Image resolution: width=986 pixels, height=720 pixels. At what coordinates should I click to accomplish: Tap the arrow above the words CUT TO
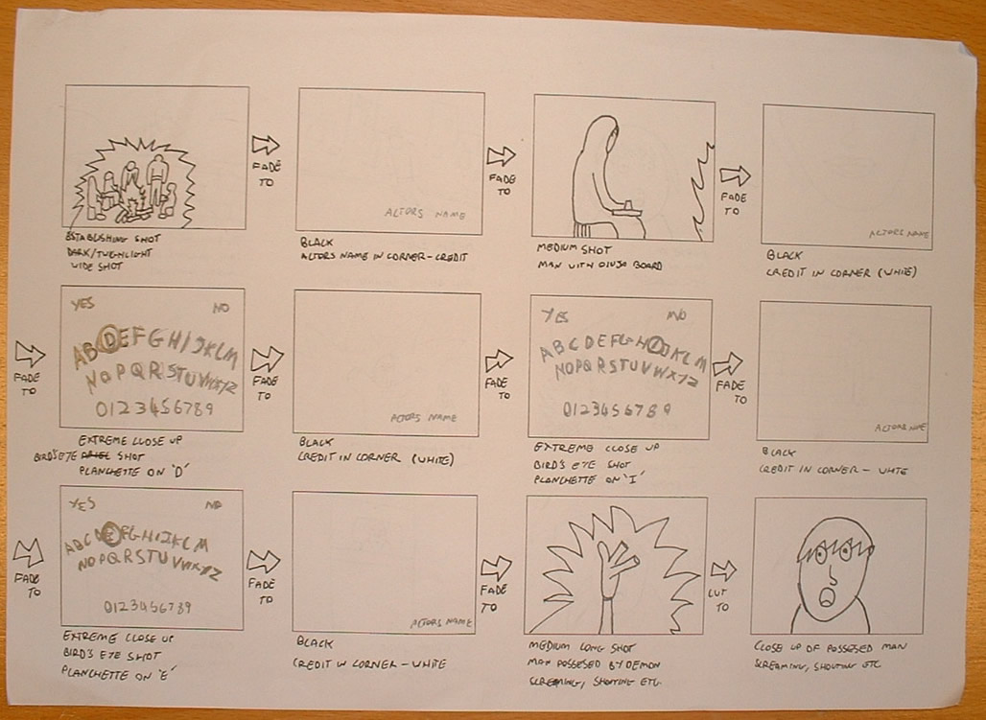pyautogui.click(x=723, y=570)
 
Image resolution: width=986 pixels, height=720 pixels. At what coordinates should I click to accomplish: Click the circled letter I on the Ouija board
pyautogui.click(x=657, y=343)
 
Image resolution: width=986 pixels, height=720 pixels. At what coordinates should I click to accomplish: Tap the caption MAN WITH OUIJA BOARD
pyautogui.click(x=586, y=266)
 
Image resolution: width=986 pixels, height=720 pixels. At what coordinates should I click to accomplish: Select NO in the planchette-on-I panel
pyautogui.click(x=676, y=314)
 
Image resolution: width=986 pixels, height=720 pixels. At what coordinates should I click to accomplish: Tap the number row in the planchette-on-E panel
pyautogui.click(x=147, y=606)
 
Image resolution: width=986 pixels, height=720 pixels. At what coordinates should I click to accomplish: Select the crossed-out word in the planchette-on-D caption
pyautogui.click(x=93, y=454)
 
